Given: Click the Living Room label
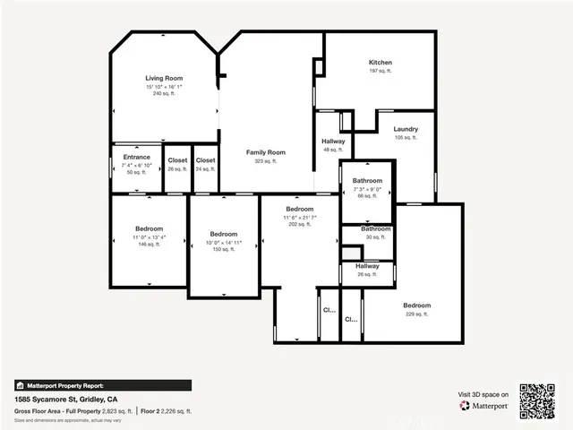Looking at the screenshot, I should point(164,79).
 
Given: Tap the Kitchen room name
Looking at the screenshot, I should point(381,63).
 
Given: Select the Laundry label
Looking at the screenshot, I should point(406,129).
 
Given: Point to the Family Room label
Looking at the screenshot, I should point(266,152).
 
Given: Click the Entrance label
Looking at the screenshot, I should point(136,157).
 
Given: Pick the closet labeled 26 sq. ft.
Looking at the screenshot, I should point(177,160).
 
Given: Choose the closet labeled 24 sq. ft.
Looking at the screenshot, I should point(206,160).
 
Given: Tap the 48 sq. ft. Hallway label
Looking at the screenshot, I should point(333,142).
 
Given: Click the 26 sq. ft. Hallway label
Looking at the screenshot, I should point(367,266).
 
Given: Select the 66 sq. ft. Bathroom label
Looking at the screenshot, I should point(367,181).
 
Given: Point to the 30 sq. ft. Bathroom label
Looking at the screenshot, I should point(375,229).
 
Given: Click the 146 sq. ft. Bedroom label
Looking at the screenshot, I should point(149,228).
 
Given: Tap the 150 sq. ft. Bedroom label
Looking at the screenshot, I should point(223,234).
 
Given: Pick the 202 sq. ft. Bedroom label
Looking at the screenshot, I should point(299,209).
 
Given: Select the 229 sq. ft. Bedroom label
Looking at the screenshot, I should point(416,305).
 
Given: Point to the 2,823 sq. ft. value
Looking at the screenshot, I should point(118,410).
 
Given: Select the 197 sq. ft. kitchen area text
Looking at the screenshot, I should point(381,72).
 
